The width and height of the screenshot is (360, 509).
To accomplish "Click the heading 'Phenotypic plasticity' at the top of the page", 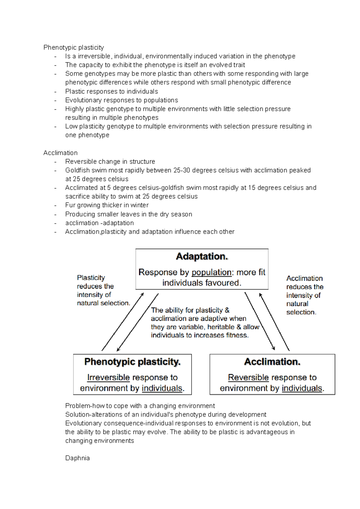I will coord(73,47).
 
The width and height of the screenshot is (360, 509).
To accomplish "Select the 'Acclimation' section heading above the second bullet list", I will coord(60,153).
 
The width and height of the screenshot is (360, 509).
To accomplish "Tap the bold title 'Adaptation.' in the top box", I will coord(202,257).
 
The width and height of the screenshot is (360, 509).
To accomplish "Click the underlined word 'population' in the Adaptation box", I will coord(211,272).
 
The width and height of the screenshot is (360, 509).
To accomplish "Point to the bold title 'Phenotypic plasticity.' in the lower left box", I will coord(132,362).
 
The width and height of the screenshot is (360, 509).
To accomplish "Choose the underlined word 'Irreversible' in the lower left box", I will coord(108,377).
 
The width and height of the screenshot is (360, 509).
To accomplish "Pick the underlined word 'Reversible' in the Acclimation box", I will coord(248,377).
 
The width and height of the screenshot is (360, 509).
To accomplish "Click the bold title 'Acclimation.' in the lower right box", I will coord(272,362).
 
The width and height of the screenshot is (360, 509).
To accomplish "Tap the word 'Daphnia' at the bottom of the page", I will coord(77,458).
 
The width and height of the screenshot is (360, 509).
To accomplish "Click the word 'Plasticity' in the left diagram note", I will coord(91,278).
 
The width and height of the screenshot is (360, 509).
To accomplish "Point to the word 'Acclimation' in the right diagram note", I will coord(304,278).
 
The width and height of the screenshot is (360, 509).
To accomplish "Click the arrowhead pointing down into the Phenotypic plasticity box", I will coord(118,350).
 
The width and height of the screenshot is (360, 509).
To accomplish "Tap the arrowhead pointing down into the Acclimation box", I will coord(274,349).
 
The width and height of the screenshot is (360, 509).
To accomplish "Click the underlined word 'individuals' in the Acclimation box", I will coord(302,388).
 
